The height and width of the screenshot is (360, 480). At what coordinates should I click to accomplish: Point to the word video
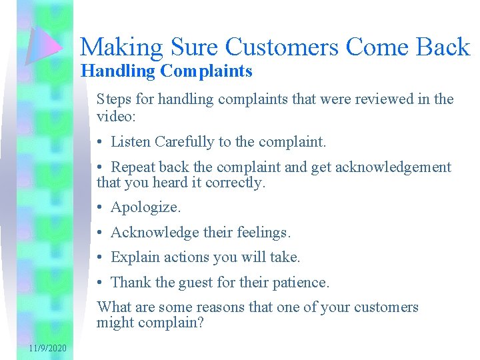click(x=115, y=116)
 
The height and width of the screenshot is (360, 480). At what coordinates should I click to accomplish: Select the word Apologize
click(x=145, y=207)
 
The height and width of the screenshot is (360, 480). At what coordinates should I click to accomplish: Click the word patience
click(x=301, y=283)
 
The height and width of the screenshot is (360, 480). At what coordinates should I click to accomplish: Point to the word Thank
click(x=131, y=283)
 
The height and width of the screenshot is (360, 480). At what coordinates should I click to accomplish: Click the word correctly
click(x=237, y=182)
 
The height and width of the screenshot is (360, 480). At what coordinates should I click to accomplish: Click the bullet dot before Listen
click(x=100, y=142)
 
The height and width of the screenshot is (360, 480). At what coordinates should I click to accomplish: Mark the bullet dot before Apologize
click(x=100, y=208)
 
